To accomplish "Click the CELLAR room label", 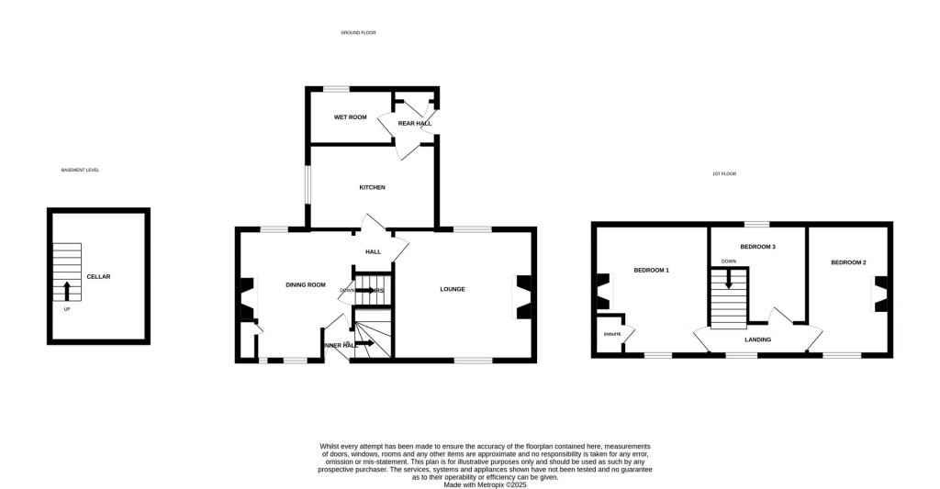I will pyautogui.click(x=98, y=276).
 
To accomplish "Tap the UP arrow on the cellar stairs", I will pyautogui.click(x=67, y=292).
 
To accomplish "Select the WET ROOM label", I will pyautogui.click(x=350, y=117).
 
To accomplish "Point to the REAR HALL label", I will pyautogui.click(x=414, y=123).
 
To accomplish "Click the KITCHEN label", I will pyautogui.click(x=372, y=187).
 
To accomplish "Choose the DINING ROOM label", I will pyautogui.click(x=305, y=284).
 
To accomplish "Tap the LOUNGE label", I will pyautogui.click(x=453, y=289).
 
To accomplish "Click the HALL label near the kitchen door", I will pyautogui.click(x=373, y=251).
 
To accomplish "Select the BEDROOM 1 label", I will pyautogui.click(x=651, y=270).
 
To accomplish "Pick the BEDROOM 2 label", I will pyautogui.click(x=848, y=262).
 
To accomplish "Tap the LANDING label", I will pyautogui.click(x=757, y=339).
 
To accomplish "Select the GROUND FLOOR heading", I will pyautogui.click(x=358, y=33).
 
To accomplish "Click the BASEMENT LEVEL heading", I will pyautogui.click(x=80, y=170).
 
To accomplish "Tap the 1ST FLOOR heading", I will pyautogui.click(x=724, y=173).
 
